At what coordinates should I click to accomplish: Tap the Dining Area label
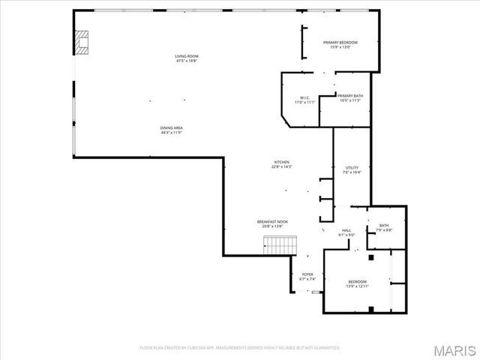(x=171, y=127)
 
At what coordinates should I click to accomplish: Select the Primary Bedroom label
(x=340, y=43)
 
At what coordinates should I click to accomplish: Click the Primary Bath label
(x=349, y=96)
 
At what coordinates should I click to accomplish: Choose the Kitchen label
(x=281, y=162)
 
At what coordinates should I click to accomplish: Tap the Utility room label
(x=352, y=167)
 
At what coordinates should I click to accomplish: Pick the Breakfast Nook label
(x=272, y=221)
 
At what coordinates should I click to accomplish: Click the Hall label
(x=346, y=230)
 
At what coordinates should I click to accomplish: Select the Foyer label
(x=307, y=274)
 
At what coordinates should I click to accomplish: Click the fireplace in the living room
(x=80, y=43)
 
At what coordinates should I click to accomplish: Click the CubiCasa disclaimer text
(x=239, y=348)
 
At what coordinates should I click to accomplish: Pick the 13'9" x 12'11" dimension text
(x=357, y=286)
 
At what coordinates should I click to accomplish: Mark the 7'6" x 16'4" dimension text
(x=352, y=172)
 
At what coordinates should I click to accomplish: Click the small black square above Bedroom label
(x=370, y=258)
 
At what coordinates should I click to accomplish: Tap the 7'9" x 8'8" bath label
(x=383, y=230)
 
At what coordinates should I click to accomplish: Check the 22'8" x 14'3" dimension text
(x=281, y=166)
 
